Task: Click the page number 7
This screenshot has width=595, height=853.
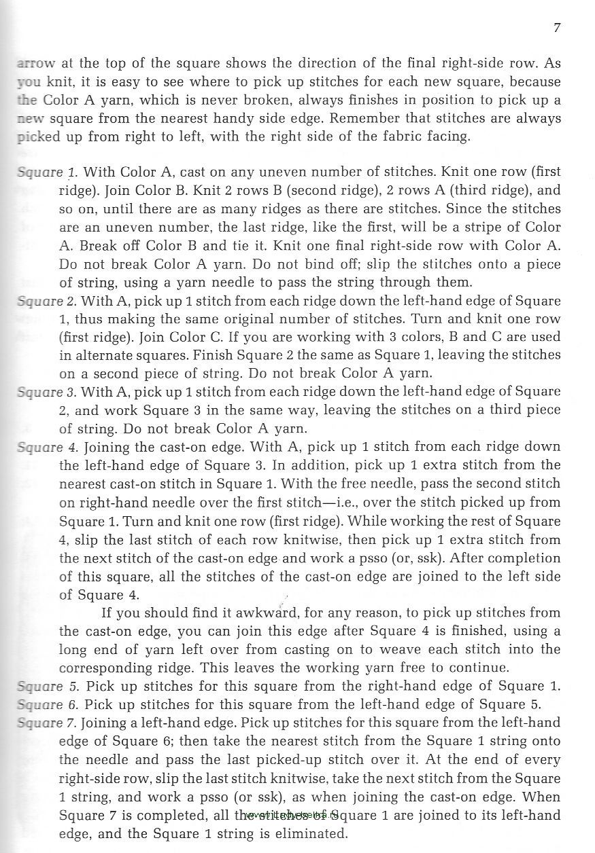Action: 557,28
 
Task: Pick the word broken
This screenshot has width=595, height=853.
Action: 248,100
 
